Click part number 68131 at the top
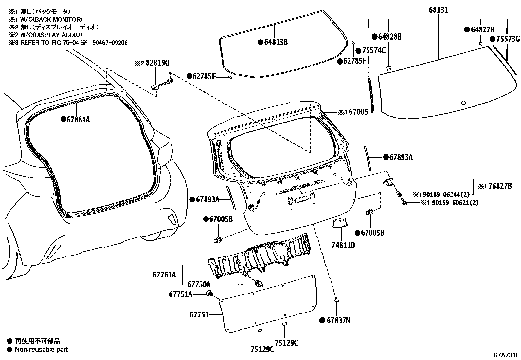(438, 10)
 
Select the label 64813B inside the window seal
(276, 42)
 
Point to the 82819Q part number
(157, 63)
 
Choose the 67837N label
(338, 321)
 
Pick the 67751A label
(180, 294)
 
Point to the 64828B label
(389, 37)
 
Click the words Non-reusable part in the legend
(41, 350)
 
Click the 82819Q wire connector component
(160, 84)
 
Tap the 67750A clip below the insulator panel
(259, 284)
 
